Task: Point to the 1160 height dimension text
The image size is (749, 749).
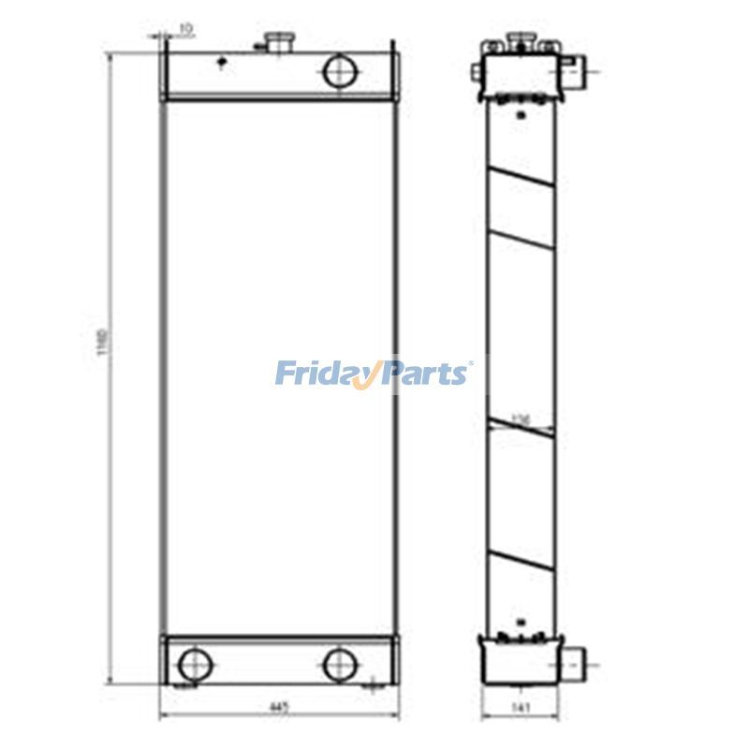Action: tap(103, 347)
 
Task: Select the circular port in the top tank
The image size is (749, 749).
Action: tap(338, 71)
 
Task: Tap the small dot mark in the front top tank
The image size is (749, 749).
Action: tap(221, 64)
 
